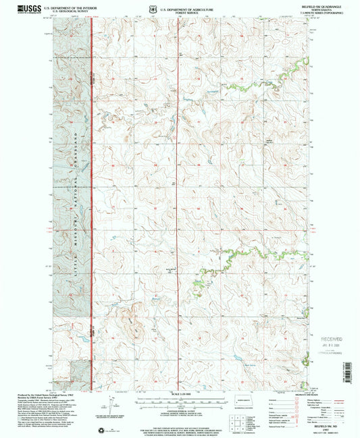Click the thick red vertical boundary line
(92, 202)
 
